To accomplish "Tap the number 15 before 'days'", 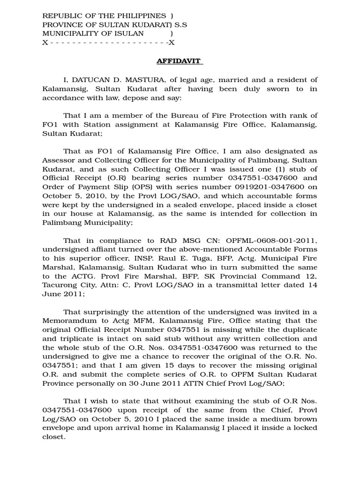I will (174, 366).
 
